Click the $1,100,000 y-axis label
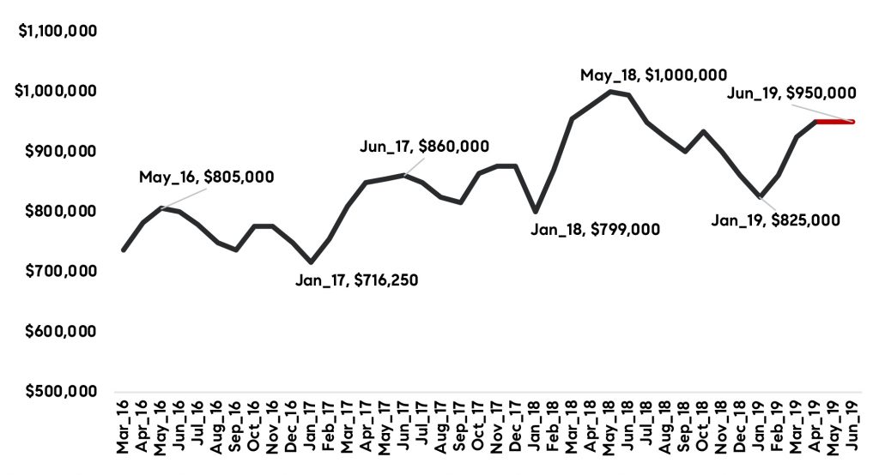point(57,31)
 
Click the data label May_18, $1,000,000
point(653,75)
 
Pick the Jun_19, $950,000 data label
point(791,93)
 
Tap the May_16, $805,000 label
point(206,177)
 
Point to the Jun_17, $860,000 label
point(424,147)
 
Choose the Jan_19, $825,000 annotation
point(775,219)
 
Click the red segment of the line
point(834,122)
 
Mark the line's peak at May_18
point(610,91)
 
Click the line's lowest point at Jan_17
point(311,262)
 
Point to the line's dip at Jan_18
point(536,211)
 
